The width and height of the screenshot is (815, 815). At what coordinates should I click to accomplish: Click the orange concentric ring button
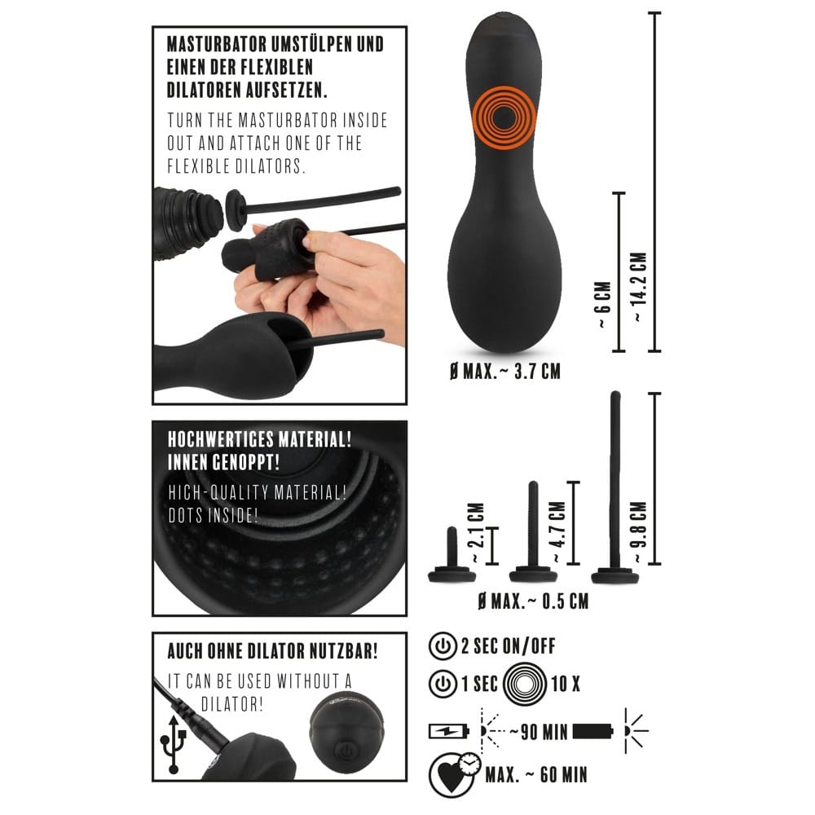click(x=504, y=118)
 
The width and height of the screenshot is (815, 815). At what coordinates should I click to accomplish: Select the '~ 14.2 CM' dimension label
click(x=641, y=286)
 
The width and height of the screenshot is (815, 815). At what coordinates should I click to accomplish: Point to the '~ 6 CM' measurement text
click(x=603, y=305)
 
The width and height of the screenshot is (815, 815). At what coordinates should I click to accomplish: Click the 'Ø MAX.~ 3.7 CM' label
click(x=505, y=372)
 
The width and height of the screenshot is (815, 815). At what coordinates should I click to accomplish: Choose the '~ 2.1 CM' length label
click(x=476, y=533)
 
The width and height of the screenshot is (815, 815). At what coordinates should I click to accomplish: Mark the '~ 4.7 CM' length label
click(x=557, y=532)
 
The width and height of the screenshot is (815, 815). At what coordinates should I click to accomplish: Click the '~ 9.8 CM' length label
click(x=639, y=532)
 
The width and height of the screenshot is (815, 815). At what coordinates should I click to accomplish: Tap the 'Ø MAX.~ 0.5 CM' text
click(x=533, y=601)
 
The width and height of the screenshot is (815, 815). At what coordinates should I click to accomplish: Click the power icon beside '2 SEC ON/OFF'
click(x=443, y=646)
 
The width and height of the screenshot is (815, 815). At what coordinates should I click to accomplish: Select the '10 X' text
click(x=566, y=684)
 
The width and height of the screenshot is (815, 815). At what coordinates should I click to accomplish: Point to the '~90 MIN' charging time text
click(x=539, y=732)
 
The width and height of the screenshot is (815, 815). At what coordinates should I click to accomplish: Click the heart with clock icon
click(x=453, y=774)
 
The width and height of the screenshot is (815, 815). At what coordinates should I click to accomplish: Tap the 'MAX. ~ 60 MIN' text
click(x=536, y=775)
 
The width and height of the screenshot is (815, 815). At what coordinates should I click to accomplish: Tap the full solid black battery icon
click(x=593, y=731)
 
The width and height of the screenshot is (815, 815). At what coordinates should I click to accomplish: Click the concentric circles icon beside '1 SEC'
click(x=524, y=684)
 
